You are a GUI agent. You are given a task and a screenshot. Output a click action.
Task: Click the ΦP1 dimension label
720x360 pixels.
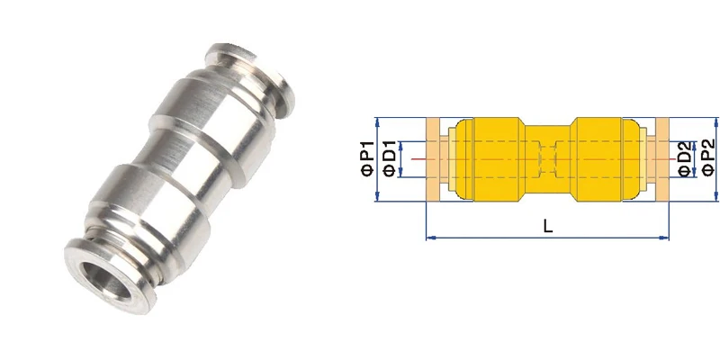tap(366, 159)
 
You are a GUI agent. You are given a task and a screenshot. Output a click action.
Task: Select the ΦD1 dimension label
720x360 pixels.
tap(389, 159)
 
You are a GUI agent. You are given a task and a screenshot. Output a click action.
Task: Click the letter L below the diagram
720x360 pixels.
tap(548, 228)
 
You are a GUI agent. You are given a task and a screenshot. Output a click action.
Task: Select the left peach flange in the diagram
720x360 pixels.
tap(434, 159)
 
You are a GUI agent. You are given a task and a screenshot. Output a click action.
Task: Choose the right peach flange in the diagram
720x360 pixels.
tap(662, 159)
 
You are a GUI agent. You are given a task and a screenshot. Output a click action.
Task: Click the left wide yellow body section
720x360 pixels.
tap(490, 159)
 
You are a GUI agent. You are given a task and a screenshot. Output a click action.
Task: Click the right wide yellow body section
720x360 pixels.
tap(607, 159)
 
